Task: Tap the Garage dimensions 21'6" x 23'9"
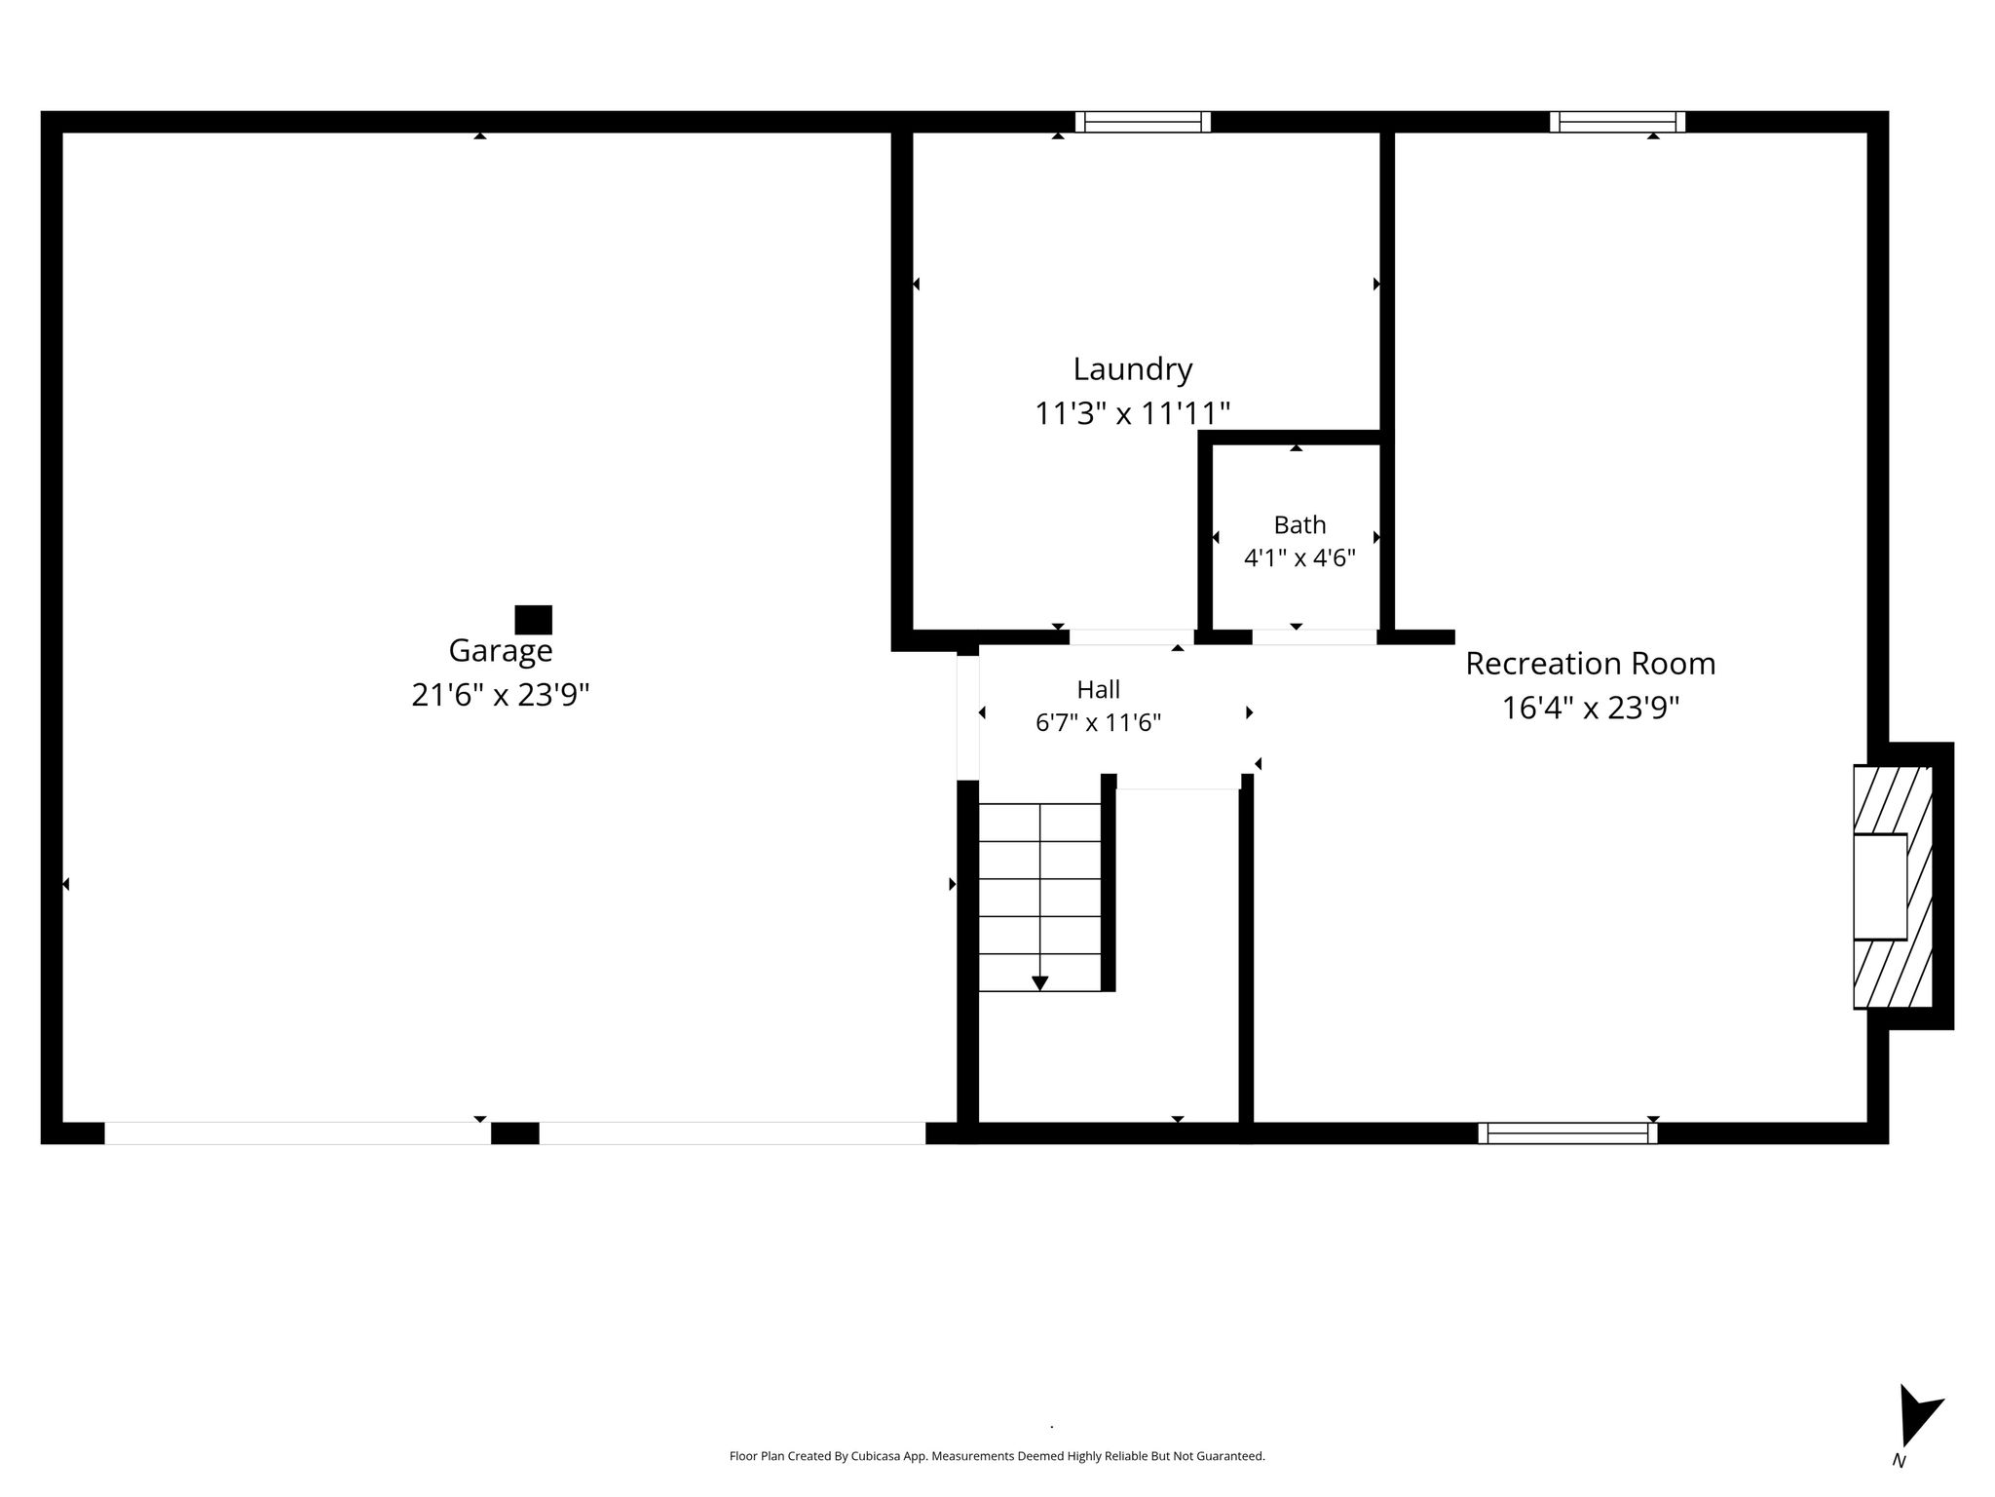click(x=501, y=695)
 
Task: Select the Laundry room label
click(x=1133, y=370)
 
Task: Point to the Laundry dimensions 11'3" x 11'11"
click(x=1132, y=414)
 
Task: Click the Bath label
click(x=1299, y=525)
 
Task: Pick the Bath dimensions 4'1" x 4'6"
click(x=1299, y=558)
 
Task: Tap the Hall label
click(x=1098, y=690)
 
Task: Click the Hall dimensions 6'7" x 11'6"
click(x=1098, y=723)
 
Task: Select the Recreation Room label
click(x=1591, y=664)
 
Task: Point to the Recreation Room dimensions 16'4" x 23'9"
click(x=1591, y=708)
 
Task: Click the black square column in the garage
click(x=533, y=620)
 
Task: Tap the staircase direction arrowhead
click(x=1039, y=982)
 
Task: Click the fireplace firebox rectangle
click(x=1880, y=887)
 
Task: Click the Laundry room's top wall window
click(x=1143, y=122)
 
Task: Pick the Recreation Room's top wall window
click(x=1617, y=122)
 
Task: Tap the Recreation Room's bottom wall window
click(x=1567, y=1132)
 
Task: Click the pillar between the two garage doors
click(x=514, y=1132)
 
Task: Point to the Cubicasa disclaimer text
click(x=997, y=1456)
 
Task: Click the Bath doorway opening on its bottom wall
click(x=1314, y=637)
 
